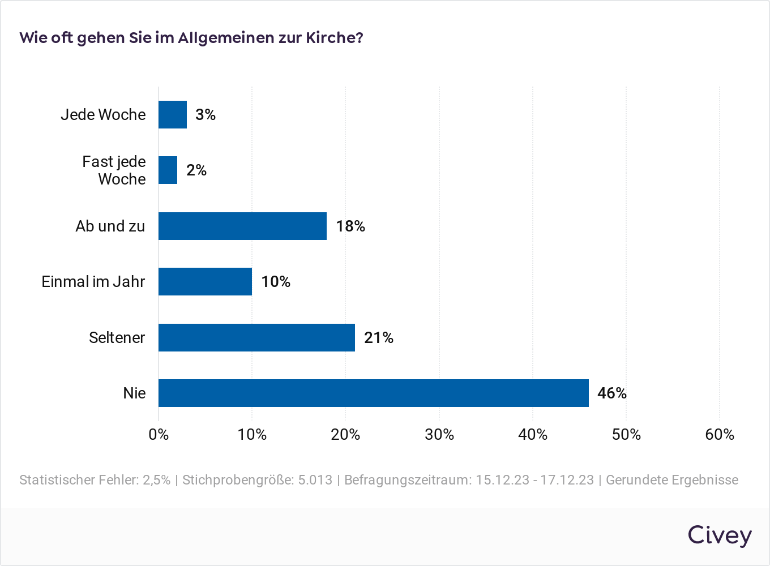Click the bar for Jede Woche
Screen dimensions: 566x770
point(173,114)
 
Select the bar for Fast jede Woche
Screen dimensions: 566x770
point(168,170)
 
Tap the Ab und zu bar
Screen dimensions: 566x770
point(242,226)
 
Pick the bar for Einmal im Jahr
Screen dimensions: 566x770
point(205,281)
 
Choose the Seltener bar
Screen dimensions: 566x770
point(256,337)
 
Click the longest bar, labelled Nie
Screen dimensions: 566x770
point(374,393)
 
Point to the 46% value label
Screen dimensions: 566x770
point(612,393)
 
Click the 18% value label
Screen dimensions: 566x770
point(350,226)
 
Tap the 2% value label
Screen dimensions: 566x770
point(196,170)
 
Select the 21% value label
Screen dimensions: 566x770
point(379,337)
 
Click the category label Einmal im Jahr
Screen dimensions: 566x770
point(93,281)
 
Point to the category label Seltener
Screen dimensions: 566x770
point(117,337)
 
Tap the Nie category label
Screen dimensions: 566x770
point(135,393)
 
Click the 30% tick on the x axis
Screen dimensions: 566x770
point(439,434)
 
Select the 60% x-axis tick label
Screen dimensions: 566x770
point(720,434)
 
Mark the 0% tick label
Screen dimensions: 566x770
point(159,434)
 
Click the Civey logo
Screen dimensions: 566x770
point(720,535)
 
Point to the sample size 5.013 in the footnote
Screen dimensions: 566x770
point(315,480)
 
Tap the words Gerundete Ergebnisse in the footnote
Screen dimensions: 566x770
point(672,480)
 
